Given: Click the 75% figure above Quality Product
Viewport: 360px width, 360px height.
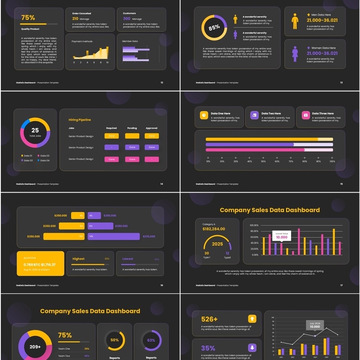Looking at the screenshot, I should pyautogui.click(x=28, y=18).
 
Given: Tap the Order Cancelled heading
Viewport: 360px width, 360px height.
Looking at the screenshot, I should pyautogui.click(x=81, y=13).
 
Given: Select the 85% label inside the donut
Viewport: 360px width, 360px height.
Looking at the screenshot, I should pyautogui.click(x=214, y=27).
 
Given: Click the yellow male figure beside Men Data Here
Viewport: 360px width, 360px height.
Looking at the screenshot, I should pyautogui.click(x=295, y=21).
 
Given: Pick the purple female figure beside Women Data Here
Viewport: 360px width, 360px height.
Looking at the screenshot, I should pyautogui.click(x=295, y=54).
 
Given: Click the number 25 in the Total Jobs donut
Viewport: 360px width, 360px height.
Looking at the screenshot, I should pyautogui.click(x=35, y=130).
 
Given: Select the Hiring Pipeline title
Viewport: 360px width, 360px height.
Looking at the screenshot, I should pyautogui.click(x=80, y=120).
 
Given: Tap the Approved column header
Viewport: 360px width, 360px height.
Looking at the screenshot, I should pyautogui.click(x=152, y=128).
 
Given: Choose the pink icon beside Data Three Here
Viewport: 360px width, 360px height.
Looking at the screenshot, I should pyautogui.click(x=306, y=115).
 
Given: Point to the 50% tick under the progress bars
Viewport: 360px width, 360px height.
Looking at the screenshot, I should pyautogui.click(x=263, y=161).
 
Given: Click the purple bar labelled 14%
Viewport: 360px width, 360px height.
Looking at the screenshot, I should pyautogui.click(x=114, y=236).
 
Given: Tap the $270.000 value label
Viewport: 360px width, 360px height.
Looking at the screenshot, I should pyautogui.click(x=149, y=236).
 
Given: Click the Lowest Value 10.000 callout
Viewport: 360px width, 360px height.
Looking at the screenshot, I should pyautogui.click(x=282, y=235).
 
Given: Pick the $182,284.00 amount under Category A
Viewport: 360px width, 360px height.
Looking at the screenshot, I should pyautogui.click(x=213, y=229).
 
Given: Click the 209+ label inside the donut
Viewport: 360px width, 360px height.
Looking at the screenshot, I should pyautogui.click(x=36, y=347).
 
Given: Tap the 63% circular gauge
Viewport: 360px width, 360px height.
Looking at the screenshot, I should pyautogui.click(x=151, y=340).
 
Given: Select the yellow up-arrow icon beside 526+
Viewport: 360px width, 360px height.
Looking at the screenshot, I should pyautogui.click(x=252, y=319).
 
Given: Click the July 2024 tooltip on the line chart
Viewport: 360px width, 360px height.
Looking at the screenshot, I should pyautogui.click(x=315, y=325).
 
